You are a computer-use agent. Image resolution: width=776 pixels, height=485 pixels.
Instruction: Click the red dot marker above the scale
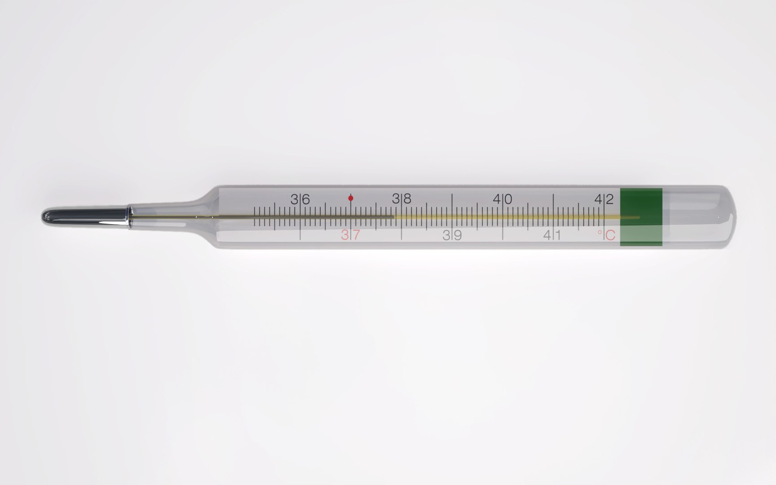(351, 198)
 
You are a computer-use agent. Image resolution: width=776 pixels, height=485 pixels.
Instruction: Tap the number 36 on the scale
(300, 199)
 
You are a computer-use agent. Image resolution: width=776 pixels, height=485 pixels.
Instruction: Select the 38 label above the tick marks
(401, 199)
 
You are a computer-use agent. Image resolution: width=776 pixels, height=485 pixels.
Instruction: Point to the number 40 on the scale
(503, 199)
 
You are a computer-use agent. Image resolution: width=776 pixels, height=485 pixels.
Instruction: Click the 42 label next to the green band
(604, 199)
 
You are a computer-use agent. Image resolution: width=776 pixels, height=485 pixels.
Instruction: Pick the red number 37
(350, 235)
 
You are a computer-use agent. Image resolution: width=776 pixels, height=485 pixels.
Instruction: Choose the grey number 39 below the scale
(452, 235)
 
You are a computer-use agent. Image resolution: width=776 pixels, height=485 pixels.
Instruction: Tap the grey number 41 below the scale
(552, 235)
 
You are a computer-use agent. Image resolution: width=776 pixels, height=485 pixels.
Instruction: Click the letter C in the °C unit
(610, 235)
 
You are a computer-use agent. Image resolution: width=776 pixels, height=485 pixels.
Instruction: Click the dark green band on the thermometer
(641, 204)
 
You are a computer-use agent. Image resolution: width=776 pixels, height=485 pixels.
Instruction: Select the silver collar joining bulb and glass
(129, 216)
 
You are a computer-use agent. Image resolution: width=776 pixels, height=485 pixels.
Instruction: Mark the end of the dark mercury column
(393, 217)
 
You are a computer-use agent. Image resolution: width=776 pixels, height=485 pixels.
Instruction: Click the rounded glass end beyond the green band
(719, 217)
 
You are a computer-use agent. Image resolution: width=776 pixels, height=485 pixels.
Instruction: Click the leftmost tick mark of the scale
(255, 216)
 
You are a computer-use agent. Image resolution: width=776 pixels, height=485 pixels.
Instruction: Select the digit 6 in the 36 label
(306, 199)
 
